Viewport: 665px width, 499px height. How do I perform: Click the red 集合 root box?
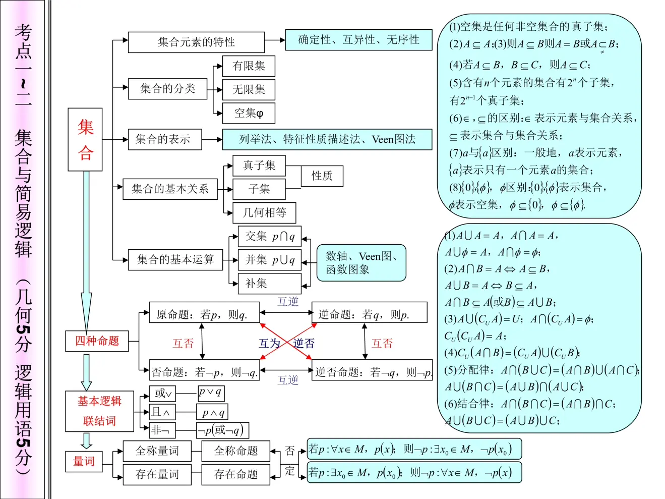(85, 139)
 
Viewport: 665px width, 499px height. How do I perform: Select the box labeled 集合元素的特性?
(196, 42)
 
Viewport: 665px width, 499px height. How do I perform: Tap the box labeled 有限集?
(249, 66)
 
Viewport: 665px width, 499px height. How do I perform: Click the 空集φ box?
(249, 113)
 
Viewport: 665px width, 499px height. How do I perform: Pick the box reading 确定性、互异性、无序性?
(358, 40)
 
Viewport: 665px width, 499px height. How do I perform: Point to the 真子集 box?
(259, 165)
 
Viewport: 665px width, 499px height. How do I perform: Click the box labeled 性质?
(322, 176)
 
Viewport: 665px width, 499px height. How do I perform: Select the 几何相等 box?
(264, 212)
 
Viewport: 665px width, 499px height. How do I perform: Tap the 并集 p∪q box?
(270, 260)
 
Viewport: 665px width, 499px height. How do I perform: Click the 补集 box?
(270, 284)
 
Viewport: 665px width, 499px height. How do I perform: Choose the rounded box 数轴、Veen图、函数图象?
(361, 263)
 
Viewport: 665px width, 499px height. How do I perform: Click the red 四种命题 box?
(97, 341)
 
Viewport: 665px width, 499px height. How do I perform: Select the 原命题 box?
(205, 314)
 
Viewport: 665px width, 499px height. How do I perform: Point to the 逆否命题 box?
(372, 372)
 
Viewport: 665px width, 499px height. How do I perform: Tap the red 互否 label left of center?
(183, 344)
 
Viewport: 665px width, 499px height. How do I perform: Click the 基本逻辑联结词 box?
(99, 411)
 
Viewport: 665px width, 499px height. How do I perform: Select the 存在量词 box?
(157, 474)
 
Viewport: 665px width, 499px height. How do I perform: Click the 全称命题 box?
(235, 451)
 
